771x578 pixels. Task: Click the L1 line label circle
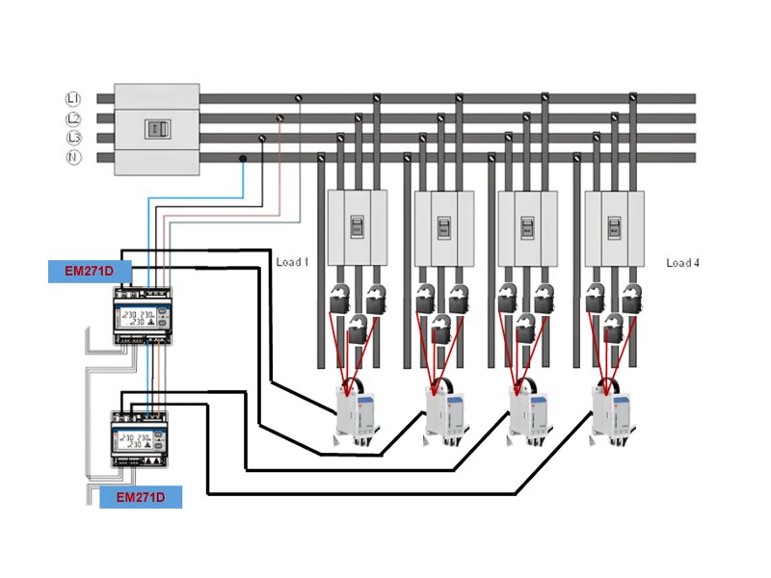(x=71, y=98)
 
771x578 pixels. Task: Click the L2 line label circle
(x=71, y=118)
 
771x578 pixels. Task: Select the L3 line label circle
(x=71, y=138)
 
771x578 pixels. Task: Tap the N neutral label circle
(x=71, y=157)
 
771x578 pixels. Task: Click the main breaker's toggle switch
(x=157, y=128)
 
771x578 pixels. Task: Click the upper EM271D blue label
(x=89, y=272)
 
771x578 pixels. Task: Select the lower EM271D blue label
(x=141, y=497)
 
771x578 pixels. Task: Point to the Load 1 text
(x=292, y=262)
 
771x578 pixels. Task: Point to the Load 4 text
(x=681, y=262)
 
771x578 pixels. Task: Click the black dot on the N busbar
(x=243, y=158)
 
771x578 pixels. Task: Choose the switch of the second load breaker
(x=443, y=227)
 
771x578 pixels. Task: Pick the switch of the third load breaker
(x=526, y=227)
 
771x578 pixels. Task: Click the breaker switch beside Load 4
(x=613, y=227)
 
